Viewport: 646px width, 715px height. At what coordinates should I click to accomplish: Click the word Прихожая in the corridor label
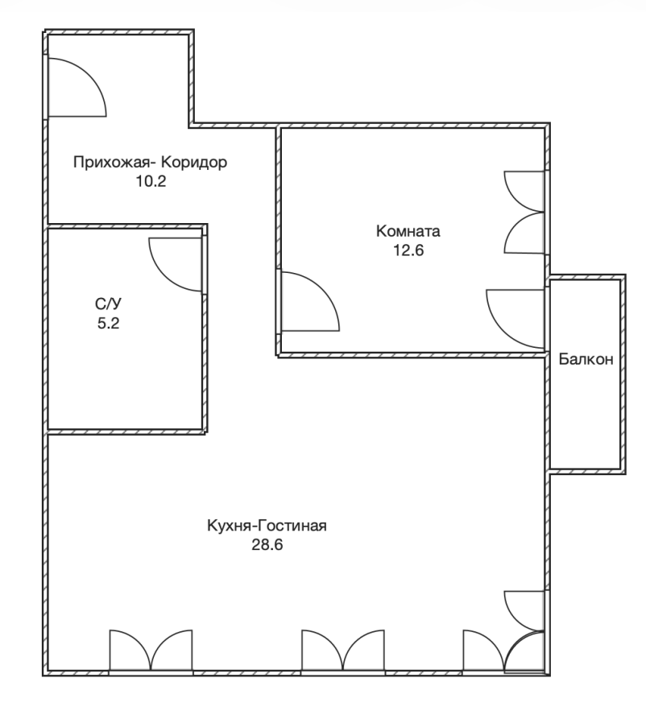point(111,163)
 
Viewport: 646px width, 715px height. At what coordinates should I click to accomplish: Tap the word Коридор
point(194,162)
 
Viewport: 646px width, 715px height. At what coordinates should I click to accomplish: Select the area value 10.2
point(151,181)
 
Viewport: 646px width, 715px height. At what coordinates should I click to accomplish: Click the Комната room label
point(408,231)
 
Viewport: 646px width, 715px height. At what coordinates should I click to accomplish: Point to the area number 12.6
point(408,250)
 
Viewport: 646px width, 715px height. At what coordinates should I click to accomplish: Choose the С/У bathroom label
point(109,304)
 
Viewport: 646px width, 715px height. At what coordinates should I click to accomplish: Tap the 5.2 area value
point(109,324)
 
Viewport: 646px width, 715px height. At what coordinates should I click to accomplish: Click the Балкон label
point(586,359)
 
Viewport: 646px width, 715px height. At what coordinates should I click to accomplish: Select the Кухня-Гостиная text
point(267,525)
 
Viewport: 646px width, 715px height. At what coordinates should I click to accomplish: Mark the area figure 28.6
point(267,545)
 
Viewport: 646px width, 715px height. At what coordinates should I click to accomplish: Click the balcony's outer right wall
point(623,374)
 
